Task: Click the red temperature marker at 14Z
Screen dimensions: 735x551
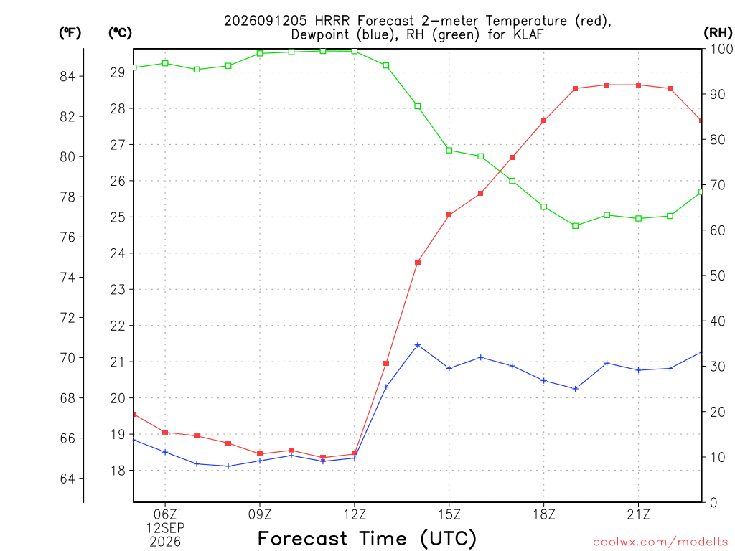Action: coord(418,263)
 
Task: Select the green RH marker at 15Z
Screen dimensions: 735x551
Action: coord(449,151)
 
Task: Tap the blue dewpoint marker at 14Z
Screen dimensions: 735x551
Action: coord(418,345)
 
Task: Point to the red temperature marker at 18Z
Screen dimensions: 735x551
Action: coord(544,121)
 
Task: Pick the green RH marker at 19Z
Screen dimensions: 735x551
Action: coord(576,226)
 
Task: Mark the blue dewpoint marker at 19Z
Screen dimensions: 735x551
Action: coord(576,388)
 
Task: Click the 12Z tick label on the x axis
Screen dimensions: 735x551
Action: coord(355,515)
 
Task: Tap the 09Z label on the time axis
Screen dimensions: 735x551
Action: coord(260,515)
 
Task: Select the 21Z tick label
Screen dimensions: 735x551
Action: coord(638,515)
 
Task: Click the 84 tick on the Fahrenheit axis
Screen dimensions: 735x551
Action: coord(67,76)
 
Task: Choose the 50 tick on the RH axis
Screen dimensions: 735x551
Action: coord(717,276)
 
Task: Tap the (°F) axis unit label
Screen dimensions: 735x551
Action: coord(70,33)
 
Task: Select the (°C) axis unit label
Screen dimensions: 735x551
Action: coord(120,33)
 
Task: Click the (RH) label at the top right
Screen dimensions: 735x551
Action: coord(718,33)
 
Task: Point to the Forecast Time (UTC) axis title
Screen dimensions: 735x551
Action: coord(367,539)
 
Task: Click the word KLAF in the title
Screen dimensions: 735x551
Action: coord(526,34)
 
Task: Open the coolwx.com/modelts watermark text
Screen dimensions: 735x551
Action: coord(660,542)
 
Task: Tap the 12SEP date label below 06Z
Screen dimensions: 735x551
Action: coord(165,528)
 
